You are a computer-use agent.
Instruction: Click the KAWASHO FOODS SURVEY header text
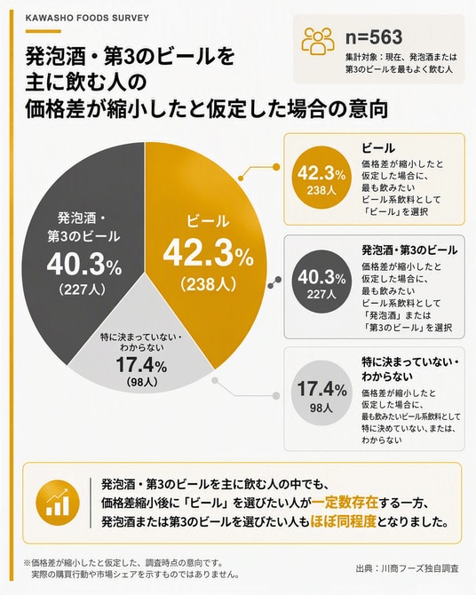(87, 19)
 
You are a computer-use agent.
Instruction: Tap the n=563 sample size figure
(374, 37)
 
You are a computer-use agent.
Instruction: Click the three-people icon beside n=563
(318, 40)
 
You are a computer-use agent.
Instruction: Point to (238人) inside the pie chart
(208, 284)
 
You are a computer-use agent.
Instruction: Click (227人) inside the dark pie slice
(83, 290)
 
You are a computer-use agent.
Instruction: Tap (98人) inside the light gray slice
(141, 382)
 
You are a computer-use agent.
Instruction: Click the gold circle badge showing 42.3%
(321, 178)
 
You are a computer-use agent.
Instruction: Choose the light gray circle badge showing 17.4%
(321, 393)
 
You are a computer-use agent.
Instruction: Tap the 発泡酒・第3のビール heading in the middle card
(409, 250)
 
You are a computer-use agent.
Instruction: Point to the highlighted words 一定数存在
(345, 504)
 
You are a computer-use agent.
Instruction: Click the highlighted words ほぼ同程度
(343, 522)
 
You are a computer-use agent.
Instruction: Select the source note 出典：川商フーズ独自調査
(407, 568)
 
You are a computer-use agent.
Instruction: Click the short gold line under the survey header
(43, 31)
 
